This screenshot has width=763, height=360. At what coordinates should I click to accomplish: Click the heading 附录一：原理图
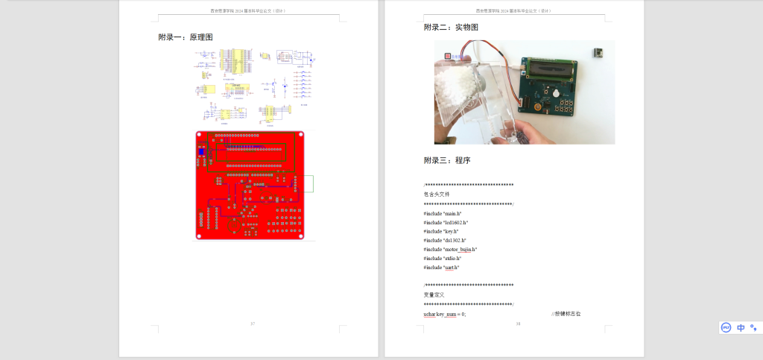[x=186, y=37]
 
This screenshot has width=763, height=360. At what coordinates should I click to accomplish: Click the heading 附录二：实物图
[x=451, y=28]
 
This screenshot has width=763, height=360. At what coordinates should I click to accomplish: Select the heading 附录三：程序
[x=447, y=160]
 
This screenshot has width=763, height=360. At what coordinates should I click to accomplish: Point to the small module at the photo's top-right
[x=598, y=52]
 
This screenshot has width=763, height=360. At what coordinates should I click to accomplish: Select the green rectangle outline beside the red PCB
[x=308, y=183]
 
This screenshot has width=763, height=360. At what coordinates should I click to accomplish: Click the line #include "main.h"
[x=443, y=214]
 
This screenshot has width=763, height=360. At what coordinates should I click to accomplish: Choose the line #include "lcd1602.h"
[x=446, y=223]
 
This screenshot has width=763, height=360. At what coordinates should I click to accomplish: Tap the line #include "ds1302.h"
[x=445, y=241]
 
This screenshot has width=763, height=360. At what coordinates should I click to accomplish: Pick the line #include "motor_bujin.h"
[x=450, y=250]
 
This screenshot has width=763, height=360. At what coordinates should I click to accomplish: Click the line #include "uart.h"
[x=441, y=268]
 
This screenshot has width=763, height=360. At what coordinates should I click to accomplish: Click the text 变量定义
[x=434, y=295]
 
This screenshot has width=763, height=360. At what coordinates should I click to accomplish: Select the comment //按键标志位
[x=566, y=315]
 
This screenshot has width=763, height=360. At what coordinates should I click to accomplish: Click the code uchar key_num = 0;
[x=445, y=315]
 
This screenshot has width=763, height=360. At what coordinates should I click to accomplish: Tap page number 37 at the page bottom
[x=253, y=323]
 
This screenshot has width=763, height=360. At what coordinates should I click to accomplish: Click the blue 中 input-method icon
[x=741, y=327]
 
